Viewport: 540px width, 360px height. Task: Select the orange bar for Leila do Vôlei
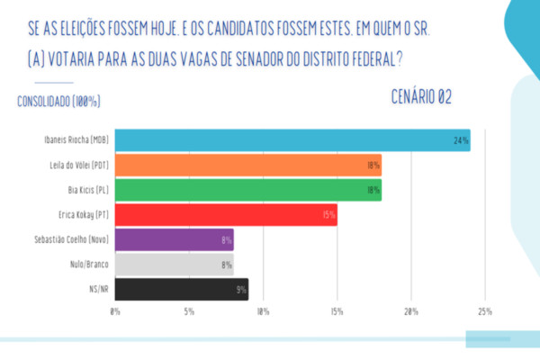pos(248,166)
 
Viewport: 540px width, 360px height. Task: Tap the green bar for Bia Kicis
pos(248,190)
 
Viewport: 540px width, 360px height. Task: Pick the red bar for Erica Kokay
pos(226,215)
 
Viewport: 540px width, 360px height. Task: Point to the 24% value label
pos(461,141)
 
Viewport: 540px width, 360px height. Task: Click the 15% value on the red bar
pos(328,215)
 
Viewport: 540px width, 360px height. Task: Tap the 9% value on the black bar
pos(240,290)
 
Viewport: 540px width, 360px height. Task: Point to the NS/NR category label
pos(97,290)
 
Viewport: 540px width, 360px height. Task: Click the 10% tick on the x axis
pos(263,311)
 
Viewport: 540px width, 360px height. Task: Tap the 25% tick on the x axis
pos(485,311)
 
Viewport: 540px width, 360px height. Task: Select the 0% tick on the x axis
pos(115,311)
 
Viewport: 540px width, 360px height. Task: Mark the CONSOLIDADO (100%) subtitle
pos(58,101)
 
